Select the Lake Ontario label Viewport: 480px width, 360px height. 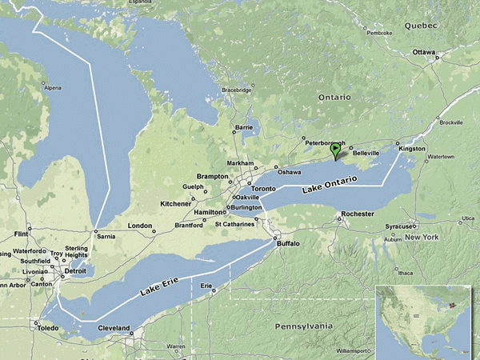pyautogui.click(x=330, y=188)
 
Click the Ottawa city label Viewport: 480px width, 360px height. pyautogui.click(x=424, y=52)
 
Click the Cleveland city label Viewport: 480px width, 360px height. pyautogui.click(x=113, y=329)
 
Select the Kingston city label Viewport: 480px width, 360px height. pyautogui.click(x=413, y=149)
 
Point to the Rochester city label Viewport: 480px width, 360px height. pyautogui.click(x=357, y=214)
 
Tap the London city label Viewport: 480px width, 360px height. pyautogui.click(x=139, y=226)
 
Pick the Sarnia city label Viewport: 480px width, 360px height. pyautogui.click(x=106, y=237)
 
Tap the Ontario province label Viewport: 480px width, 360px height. pyautogui.click(x=334, y=97)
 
